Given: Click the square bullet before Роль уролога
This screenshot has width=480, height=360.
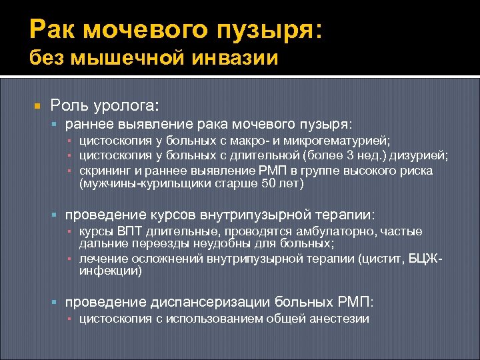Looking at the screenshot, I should [37, 106].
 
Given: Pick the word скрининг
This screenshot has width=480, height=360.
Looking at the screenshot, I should [104, 171].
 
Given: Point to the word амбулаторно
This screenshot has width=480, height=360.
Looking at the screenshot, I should [319, 231].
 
